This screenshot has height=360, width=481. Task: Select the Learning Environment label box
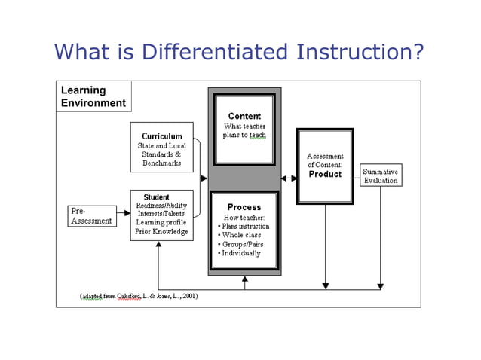93,96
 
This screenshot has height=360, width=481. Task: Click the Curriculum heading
162,136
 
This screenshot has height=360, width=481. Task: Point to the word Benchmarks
162,163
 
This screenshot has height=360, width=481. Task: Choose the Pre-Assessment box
92,216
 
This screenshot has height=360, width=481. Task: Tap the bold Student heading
156,197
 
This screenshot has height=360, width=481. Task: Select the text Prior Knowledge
161,232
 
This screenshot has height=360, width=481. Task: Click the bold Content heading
244,116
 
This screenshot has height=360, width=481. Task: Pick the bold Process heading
244,207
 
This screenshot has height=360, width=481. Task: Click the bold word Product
325,174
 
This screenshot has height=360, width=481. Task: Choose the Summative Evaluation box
381,175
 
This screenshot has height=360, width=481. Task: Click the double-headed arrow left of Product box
289,178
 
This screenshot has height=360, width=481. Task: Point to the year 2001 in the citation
188,297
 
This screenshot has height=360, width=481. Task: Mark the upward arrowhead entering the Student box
158,246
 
